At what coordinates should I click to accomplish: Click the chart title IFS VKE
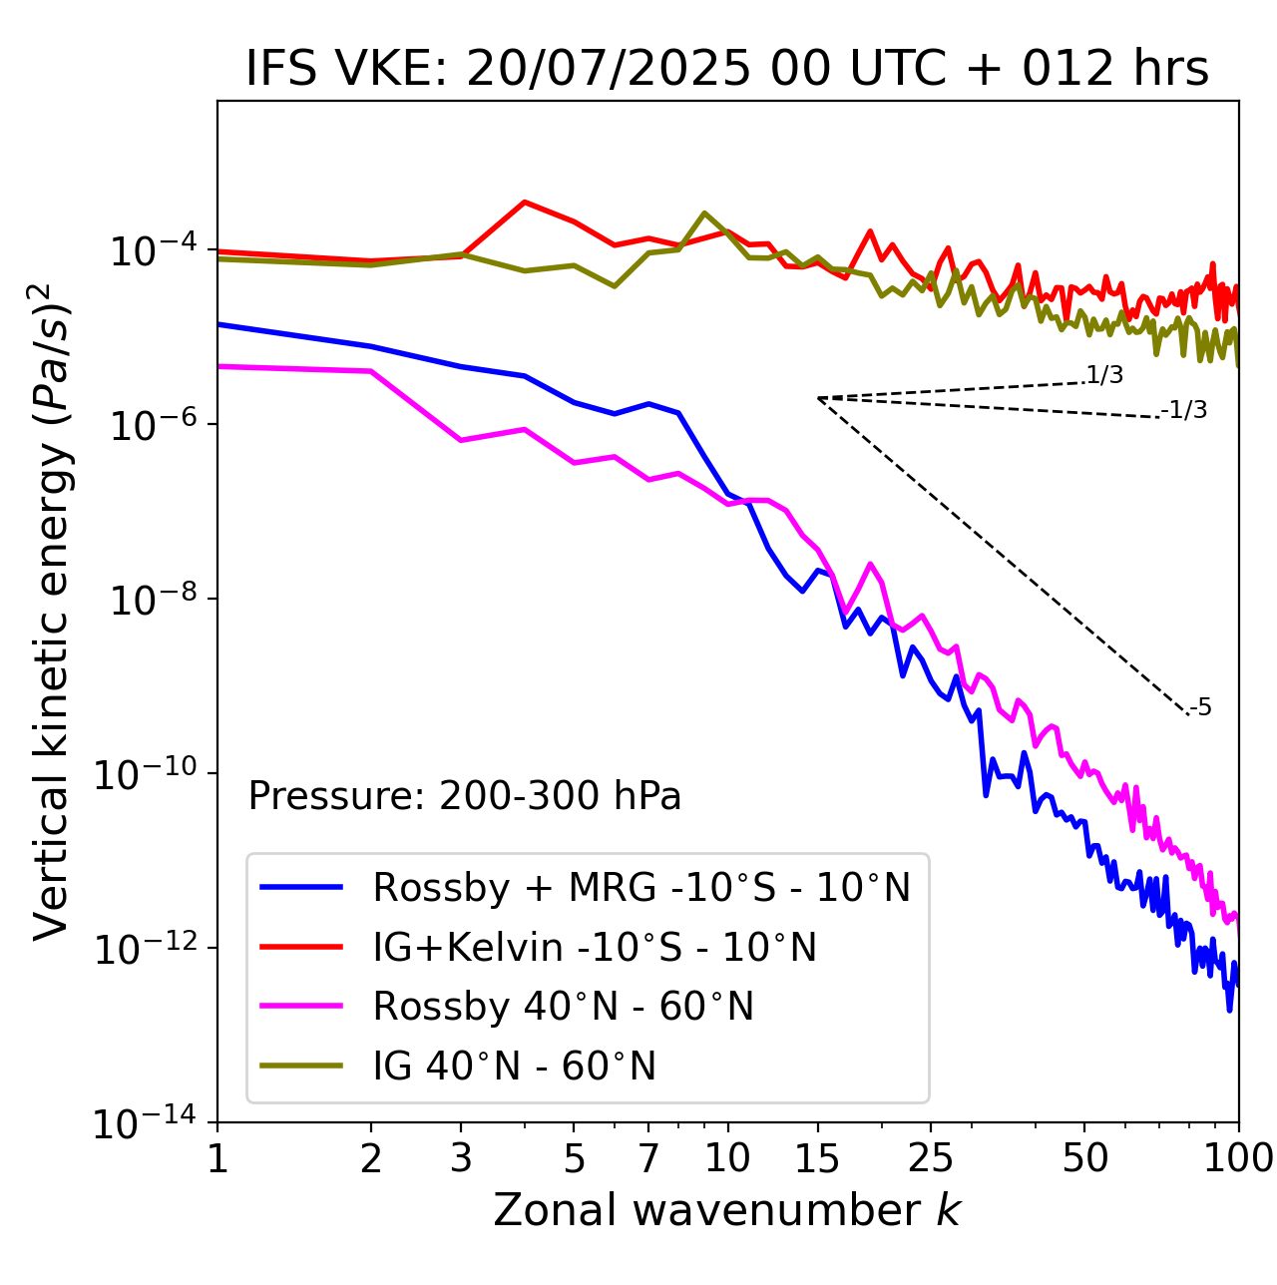coord(727,70)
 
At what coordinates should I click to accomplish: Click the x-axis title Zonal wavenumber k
coord(727,1210)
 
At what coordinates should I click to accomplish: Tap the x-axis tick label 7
coord(648,1158)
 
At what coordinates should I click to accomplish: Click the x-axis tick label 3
coord(461,1158)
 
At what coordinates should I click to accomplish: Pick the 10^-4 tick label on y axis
coord(150,251)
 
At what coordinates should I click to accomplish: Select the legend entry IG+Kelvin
coord(595,947)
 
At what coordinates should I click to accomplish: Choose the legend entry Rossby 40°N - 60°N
coord(563,1007)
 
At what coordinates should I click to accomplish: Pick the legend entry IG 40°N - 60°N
coord(515,1067)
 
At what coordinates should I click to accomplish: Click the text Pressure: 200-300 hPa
coord(465,796)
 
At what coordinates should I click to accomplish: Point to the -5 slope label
coord(1201,708)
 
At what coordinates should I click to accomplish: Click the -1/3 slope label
coord(1185,410)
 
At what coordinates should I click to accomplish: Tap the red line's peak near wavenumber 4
coord(525,202)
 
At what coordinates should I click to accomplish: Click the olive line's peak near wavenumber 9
coord(704,213)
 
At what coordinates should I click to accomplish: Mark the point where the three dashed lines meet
coord(818,398)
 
